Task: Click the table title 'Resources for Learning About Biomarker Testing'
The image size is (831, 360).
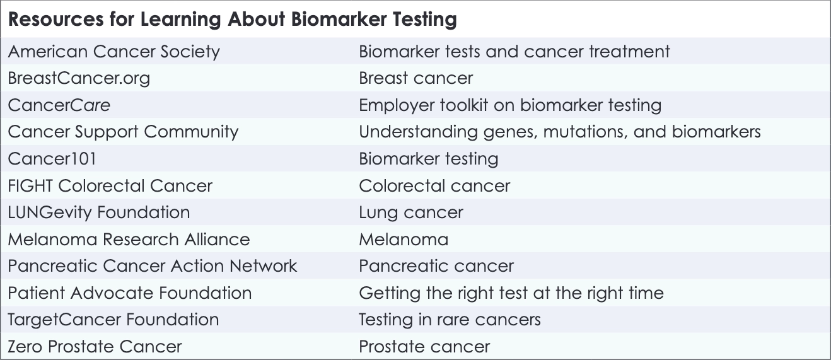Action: click(x=232, y=20)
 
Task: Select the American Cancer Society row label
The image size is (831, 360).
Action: click(x=113, y=51)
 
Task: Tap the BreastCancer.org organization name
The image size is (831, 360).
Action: click(x=79, y=78)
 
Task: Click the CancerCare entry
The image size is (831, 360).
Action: click(x=59, y=105)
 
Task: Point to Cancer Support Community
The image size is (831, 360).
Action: click(x=123, y=132)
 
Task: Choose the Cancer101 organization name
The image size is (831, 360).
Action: click(x=52, y=159)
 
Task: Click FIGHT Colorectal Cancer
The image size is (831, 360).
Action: click(x=110, y=186)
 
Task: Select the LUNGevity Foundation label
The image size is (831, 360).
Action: click(x=98, y=212)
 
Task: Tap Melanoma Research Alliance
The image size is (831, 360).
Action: click(x=129, y=240)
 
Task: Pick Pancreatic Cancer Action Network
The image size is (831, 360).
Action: click(x=152, y=266)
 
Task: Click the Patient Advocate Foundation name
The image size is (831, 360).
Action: click(x=129, y=293)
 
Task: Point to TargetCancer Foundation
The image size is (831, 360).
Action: click(x=113, y=320)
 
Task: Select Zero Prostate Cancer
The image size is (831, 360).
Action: click(x=95, y=347)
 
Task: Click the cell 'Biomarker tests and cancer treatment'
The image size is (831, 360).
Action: click(x=514, y=51)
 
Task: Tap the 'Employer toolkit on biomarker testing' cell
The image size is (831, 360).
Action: click(x=509, y=105)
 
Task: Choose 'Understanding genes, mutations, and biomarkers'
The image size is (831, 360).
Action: click(x=559, y=132)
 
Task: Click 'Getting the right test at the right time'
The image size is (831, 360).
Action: click(x=511, y=293)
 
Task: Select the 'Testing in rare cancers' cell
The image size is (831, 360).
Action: click(x=450, y=320)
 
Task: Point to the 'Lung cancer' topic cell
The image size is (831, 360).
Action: click(x=410, y=212)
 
